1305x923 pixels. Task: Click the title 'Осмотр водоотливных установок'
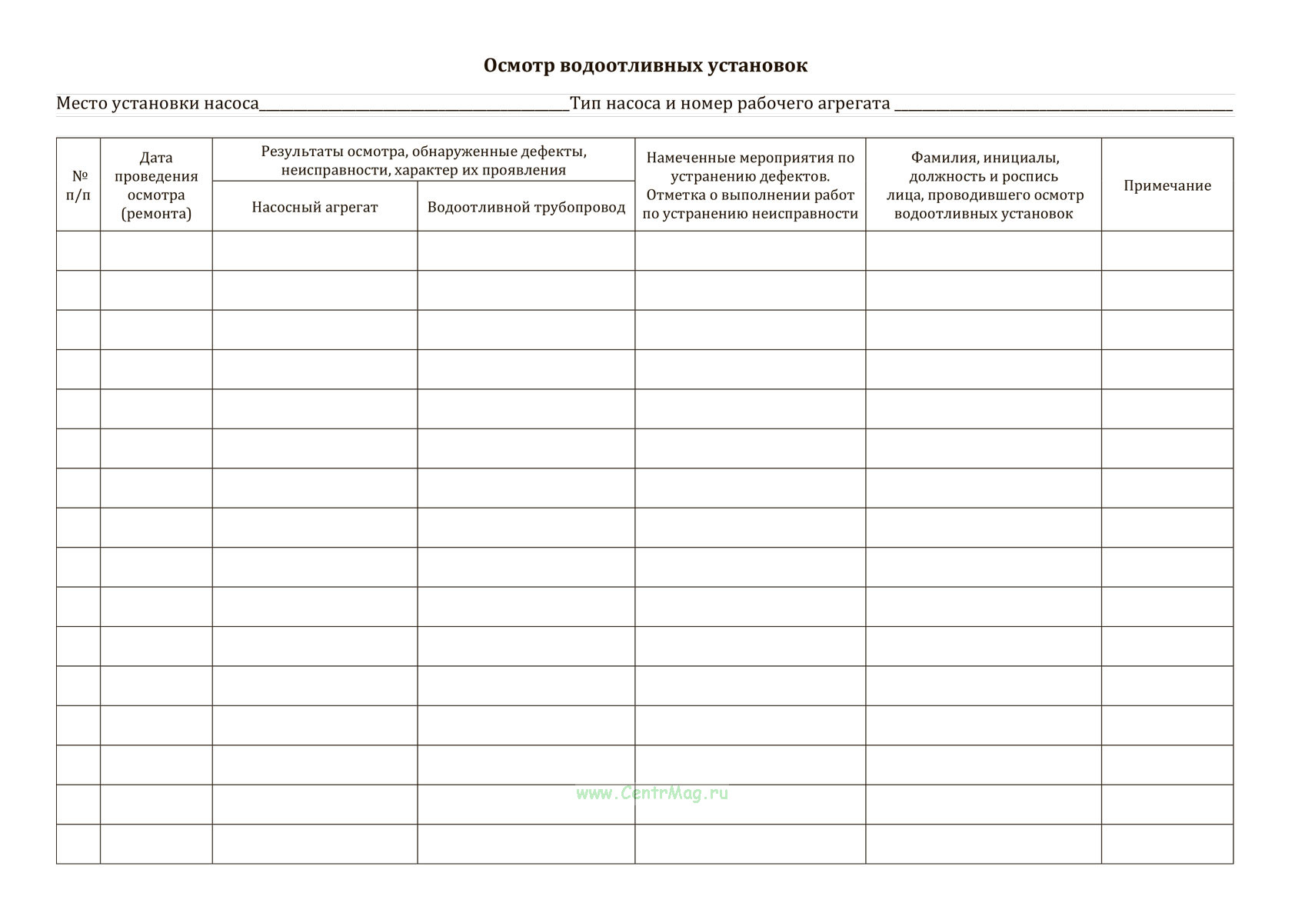(x=645, y=65)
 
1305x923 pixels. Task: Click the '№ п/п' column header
(x=78, y=185)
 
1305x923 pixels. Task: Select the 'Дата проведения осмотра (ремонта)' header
(x=156, y=185)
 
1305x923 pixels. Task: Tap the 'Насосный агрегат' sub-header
(x=315, y=207)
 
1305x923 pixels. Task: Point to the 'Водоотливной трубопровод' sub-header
(x=526, y=207)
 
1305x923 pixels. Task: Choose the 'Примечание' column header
(x=1167, y=185)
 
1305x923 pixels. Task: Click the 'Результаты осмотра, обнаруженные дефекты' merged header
(x=424, y=161)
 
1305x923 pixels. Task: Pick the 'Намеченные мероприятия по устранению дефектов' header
(x=750, y=185)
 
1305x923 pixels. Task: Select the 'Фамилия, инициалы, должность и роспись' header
(x=984, y=185)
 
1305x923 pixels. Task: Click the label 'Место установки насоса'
(x=158, y=103)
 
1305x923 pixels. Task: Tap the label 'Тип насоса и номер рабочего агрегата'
(x=730, y=103)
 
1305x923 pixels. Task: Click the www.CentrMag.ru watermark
(x=651, y=794)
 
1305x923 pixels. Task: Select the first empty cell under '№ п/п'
(x=78, y=251)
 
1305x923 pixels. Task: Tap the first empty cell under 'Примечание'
(x=1167, y=251)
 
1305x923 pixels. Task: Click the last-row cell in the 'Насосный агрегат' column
(x=315, y=844)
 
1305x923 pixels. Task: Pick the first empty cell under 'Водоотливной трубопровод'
(x=526, y=251)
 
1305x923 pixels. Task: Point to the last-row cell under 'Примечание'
(x=1167, y=844)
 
